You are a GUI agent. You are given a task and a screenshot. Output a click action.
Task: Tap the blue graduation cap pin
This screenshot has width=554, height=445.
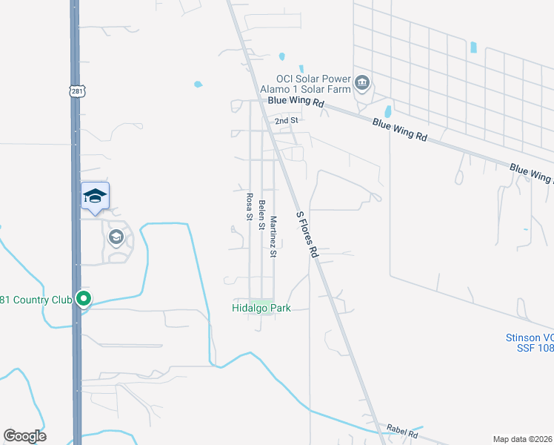coord(95,197)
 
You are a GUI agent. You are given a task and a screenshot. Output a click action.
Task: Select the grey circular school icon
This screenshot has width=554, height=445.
coord(116,237)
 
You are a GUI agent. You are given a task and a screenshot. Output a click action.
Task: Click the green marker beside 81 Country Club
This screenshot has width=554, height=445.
coord(84,299)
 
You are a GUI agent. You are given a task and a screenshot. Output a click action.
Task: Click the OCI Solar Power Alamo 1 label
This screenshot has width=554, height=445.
coord(313,79)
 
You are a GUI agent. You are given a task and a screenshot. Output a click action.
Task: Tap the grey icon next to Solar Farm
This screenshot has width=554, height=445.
coord(362,82)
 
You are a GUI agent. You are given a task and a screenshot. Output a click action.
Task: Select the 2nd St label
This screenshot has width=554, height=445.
coord(286,120)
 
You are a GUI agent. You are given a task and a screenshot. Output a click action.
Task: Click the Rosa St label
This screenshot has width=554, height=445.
coord(250,206)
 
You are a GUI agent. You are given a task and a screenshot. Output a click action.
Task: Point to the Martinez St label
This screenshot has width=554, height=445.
coord(273,237)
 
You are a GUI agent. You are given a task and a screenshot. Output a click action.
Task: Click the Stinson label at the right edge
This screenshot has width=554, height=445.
coord(530,337)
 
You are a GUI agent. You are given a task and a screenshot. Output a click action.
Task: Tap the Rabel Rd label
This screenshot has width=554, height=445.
coord(403,431)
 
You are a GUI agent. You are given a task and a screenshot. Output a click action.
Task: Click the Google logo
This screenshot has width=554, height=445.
coord(24,436)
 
